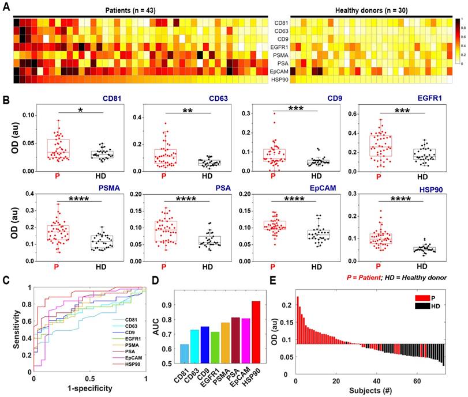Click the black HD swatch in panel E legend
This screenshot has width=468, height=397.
point(420,308)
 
